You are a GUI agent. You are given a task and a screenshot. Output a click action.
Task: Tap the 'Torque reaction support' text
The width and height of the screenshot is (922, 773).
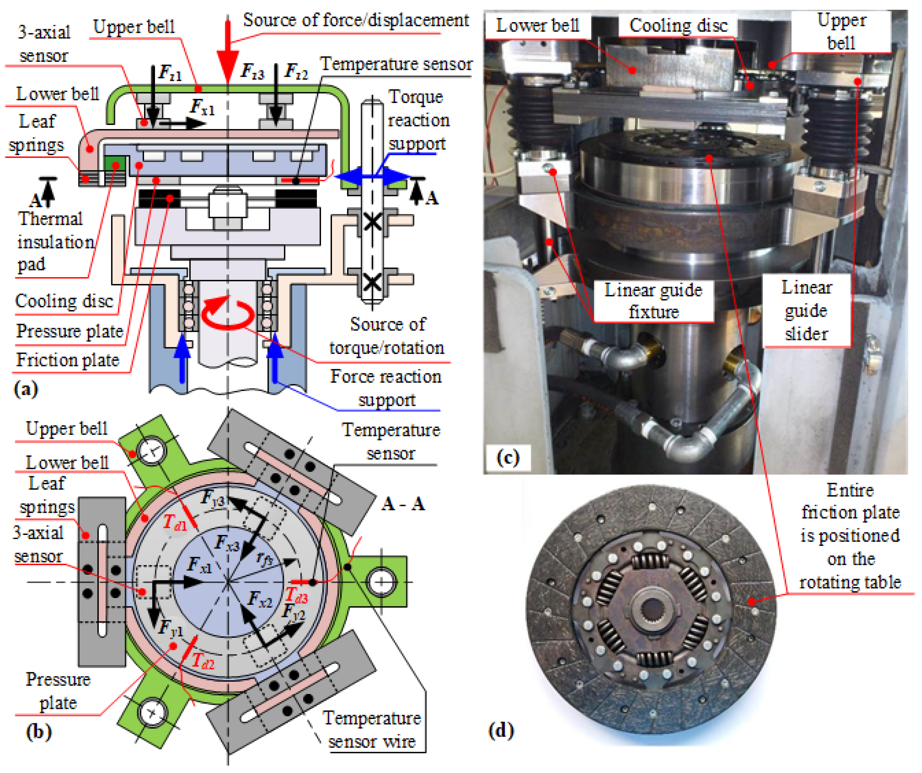point(418,120)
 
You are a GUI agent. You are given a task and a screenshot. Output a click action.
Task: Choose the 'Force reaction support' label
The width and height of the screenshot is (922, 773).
point(385,388)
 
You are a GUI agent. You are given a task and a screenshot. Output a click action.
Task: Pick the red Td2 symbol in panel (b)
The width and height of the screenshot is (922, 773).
point(203,660)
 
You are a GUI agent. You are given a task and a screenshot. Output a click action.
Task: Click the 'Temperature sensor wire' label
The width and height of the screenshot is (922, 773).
point(372,730)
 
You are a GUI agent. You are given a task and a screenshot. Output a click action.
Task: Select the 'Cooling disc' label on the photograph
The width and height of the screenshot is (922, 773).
point(678,25)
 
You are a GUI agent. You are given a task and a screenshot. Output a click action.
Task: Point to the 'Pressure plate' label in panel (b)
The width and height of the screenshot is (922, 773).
point(58,691)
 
